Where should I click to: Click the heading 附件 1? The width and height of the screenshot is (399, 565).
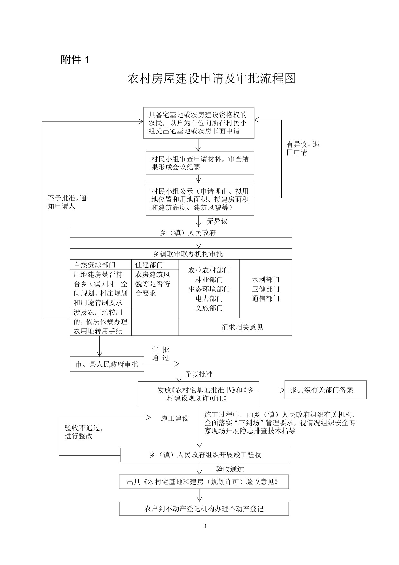(x=74, y=60)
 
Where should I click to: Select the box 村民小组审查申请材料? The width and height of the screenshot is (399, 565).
(x=200, y=163)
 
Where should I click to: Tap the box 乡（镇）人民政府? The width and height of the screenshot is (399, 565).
(x=181, y=232)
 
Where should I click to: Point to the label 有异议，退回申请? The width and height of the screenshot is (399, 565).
(x=302, y=148)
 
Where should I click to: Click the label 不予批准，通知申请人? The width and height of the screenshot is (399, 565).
(x=67, y=202)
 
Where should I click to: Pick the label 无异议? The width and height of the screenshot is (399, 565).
(x=217, y=221)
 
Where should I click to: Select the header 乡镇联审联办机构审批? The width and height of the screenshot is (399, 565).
(x=188, y=254)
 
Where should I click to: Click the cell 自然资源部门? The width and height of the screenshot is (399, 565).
(x=94, y=265)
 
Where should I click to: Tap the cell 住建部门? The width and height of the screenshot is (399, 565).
(x=149, y=265)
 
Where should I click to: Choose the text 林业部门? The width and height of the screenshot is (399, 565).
(x=209, y=280)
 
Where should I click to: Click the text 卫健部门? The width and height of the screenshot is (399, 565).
(x=265, y=289)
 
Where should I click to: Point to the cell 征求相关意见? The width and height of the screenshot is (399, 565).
(x=242, y=327)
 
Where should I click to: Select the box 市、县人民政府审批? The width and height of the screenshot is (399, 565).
(x=107, y=364)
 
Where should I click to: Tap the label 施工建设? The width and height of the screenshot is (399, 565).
(x=174, y=418)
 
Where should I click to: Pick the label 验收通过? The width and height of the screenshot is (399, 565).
(x=230, y=469)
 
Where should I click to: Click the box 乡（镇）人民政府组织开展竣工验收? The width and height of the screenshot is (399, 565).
(x=205, y=455)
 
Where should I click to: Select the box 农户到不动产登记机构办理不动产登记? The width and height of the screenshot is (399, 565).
(x=204, y=509)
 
